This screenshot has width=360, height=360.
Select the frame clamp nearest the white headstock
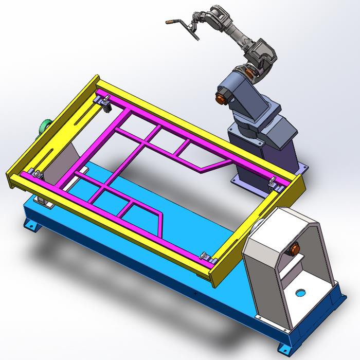(206, 256)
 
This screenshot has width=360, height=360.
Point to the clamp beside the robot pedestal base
(273, 183)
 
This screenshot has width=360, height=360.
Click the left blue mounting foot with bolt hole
(32, 225)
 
